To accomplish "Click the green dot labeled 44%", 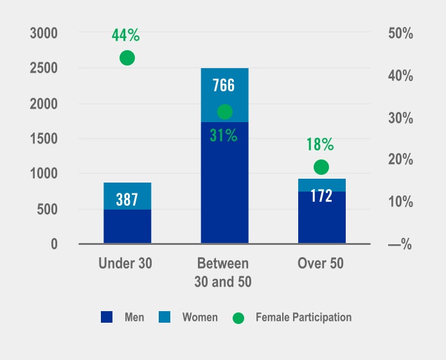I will [127, 58].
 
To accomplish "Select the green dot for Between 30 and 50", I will [224, 112].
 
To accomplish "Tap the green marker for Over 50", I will [321, 167].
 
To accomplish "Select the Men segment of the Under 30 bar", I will [127, 226].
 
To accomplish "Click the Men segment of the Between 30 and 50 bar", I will [224, 186].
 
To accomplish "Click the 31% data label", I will [224, 136].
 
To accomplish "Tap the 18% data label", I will [320, 145].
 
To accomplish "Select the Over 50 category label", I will [321, 264].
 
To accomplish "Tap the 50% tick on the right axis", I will [400, 33].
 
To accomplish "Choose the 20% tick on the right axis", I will [400, 160].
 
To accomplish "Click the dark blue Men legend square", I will [107, 317].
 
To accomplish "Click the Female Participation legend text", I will [303, 317].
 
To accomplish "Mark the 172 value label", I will [321, 196].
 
